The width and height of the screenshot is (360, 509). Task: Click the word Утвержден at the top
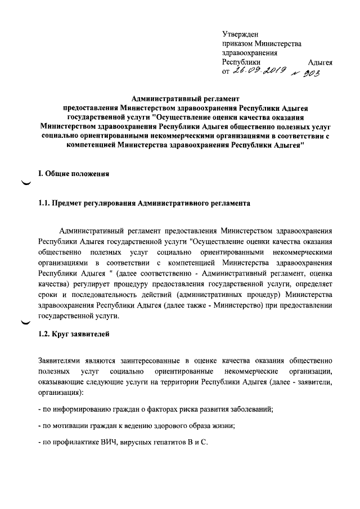pos(240,34)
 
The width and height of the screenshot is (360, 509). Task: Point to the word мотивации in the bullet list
pos(71,426)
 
